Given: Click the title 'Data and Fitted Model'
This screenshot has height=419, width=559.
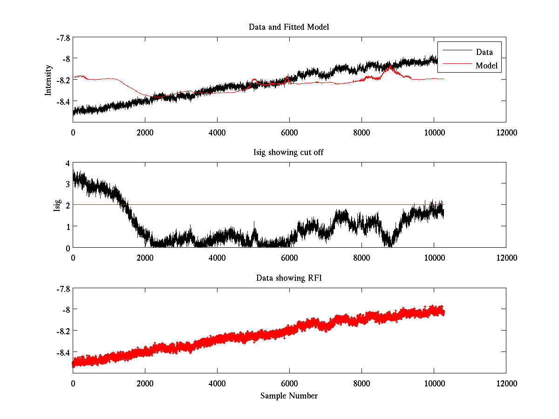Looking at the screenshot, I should coord(289,27).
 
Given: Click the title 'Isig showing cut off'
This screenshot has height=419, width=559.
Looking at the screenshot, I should coord(289,153).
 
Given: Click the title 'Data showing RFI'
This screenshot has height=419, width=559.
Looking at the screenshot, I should coord(289,278).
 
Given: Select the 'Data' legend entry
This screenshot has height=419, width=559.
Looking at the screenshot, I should coord(484,52).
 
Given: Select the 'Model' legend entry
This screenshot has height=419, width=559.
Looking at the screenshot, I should coord(486,66).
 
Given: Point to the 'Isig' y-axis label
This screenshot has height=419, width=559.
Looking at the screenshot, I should coord(57,205).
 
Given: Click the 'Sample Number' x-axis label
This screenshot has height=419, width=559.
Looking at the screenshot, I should coord(289,396).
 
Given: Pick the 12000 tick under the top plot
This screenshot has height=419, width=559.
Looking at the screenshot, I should coord(506,132).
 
